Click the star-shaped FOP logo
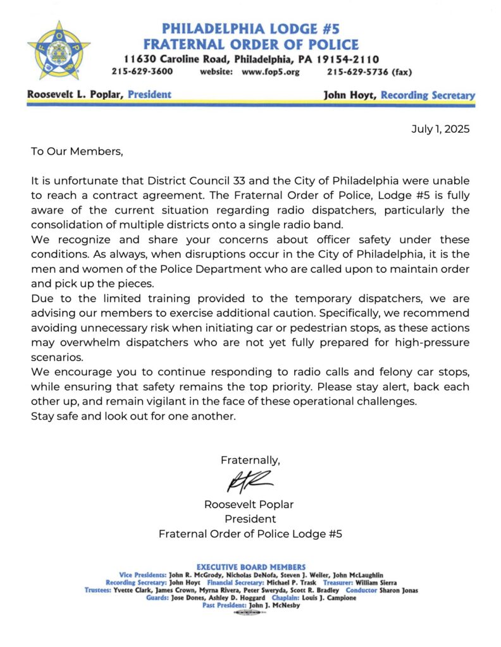pos(59,50)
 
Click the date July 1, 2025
pos(440,129)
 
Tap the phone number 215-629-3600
pos(142,71)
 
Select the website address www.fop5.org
pos(271,71)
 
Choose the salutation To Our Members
pos(77,152)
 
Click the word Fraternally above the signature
pos(250,460)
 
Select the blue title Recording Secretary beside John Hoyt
pos(433,95)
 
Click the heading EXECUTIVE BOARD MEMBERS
pos(251,567)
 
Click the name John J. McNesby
pos(274,605)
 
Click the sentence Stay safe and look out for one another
pos(133,416)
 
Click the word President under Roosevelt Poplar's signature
pos(250,519)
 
